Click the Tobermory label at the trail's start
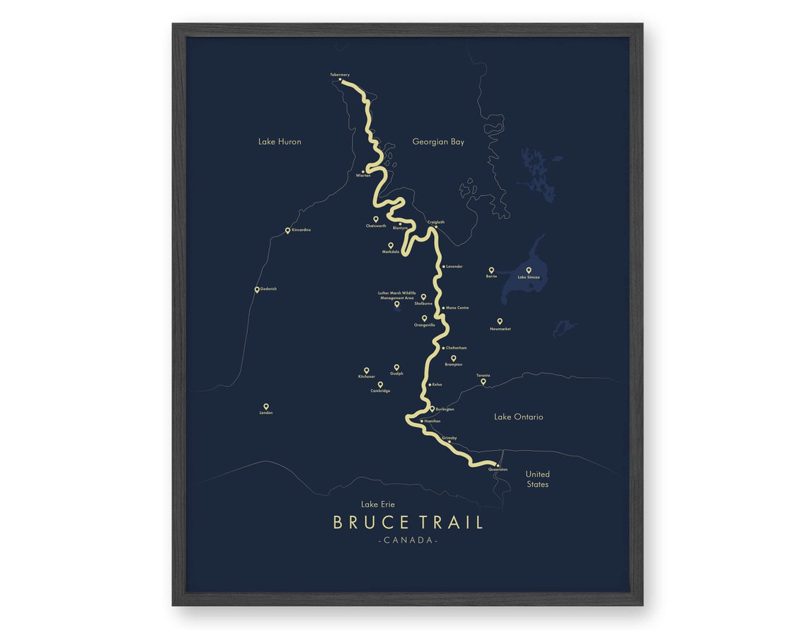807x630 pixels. pos(340,74)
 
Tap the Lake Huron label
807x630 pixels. pos(280,142)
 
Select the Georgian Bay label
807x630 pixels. pos(438,142)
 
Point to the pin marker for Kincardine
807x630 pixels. pos(287,230)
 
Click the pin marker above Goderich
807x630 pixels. pos(257,289)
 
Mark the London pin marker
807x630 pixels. pos(266,407)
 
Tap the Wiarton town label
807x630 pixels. pos(363,176)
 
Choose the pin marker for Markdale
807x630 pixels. pos(390,245)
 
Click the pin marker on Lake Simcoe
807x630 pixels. pos(528,270)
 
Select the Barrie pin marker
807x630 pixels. pos(491,270)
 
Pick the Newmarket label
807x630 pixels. pos(500,330)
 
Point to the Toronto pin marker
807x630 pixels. pos(483,381)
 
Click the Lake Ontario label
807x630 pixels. pos(518,417)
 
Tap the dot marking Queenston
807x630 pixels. pos(498,465)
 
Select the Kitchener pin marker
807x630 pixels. pos(367,370)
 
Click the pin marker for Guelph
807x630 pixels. pos(396,367)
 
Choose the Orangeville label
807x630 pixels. pos(424,325)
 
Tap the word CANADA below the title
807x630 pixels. pos(408,541)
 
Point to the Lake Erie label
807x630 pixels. pos(378,505)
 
